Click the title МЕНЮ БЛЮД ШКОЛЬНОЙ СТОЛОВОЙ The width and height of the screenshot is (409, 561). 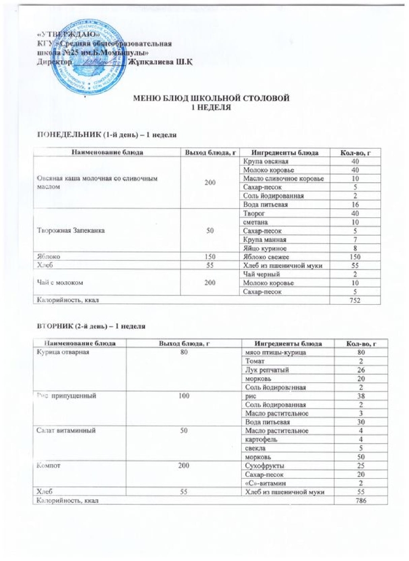[x=212, y=98]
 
